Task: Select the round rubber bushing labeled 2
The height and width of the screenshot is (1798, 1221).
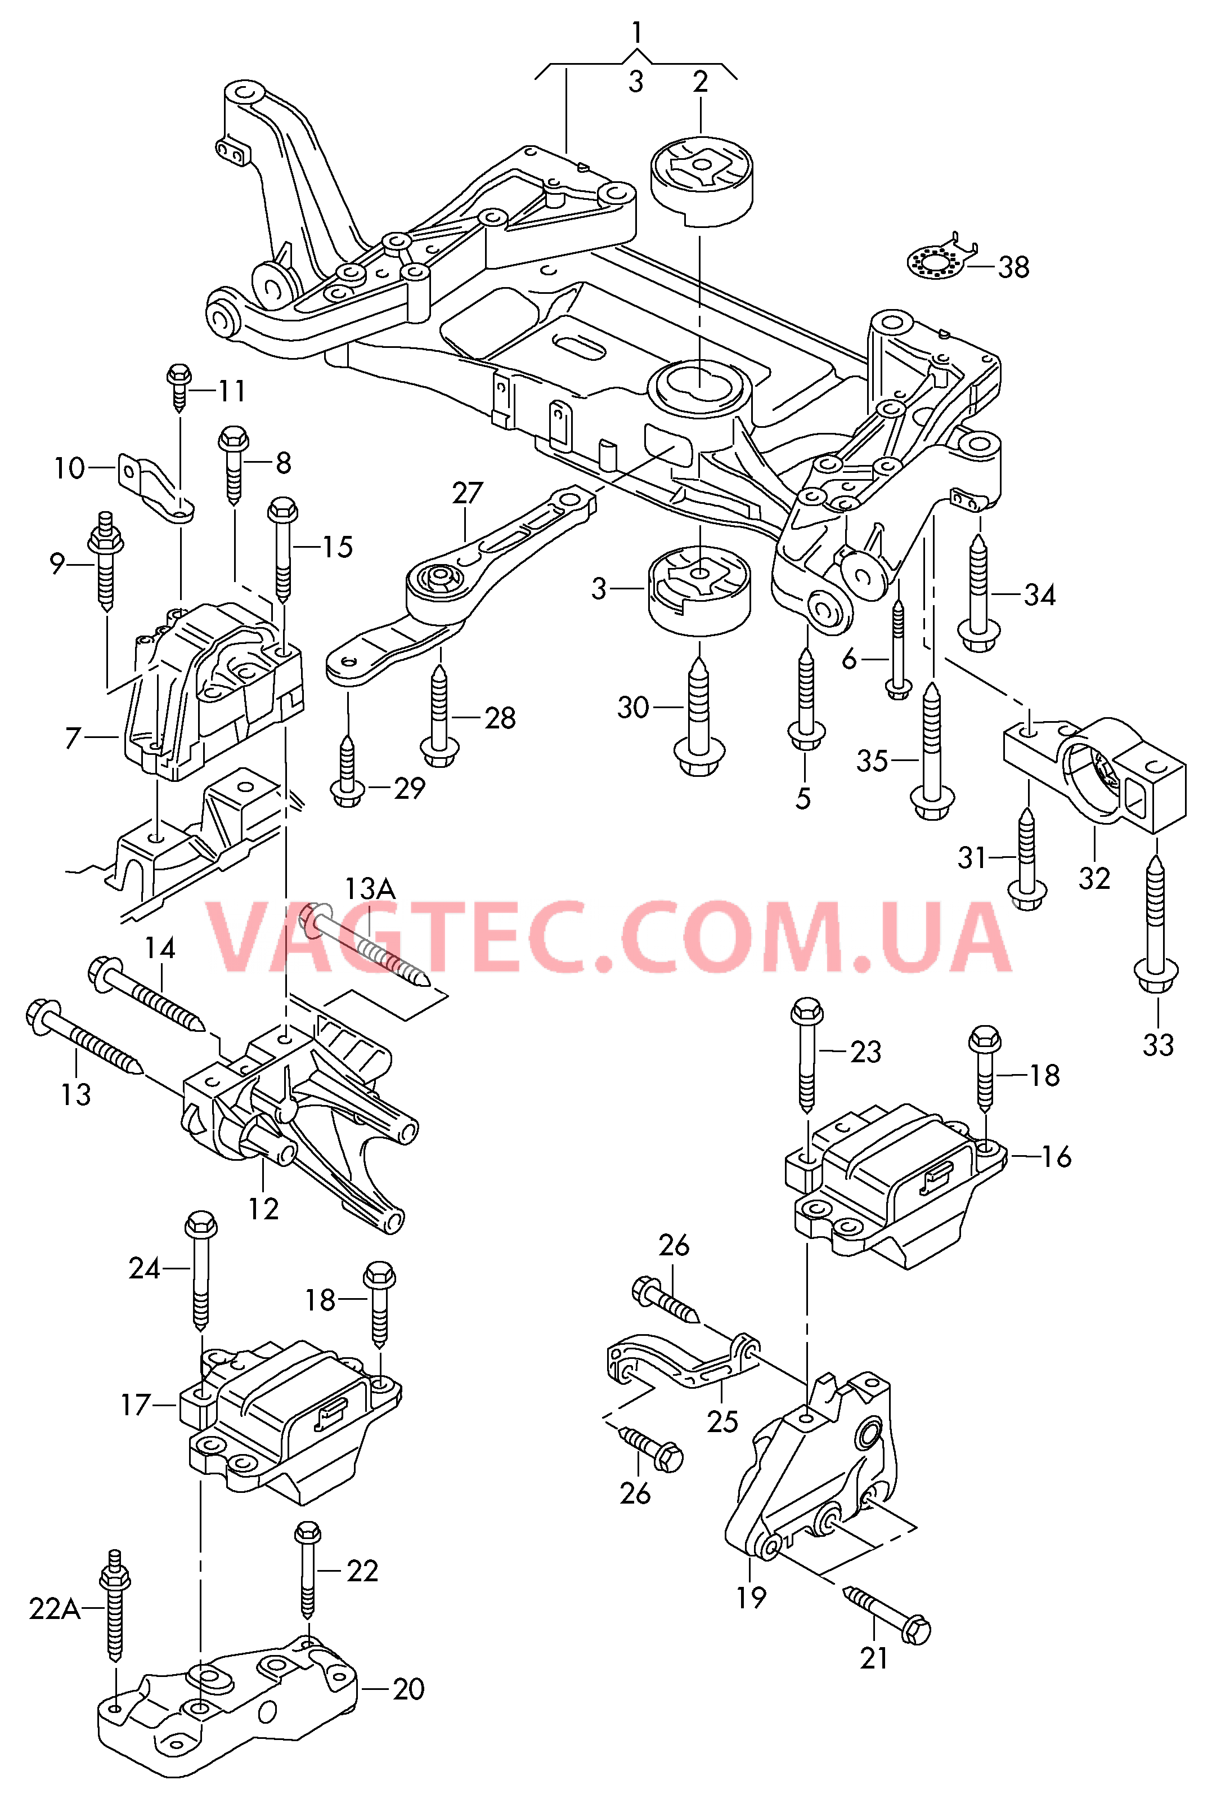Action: [701, 180]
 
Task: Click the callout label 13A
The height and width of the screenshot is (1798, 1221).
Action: [370, 889]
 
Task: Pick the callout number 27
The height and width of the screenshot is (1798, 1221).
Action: [468, 493]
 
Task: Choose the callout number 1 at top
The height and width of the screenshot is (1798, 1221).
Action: [636, 33]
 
